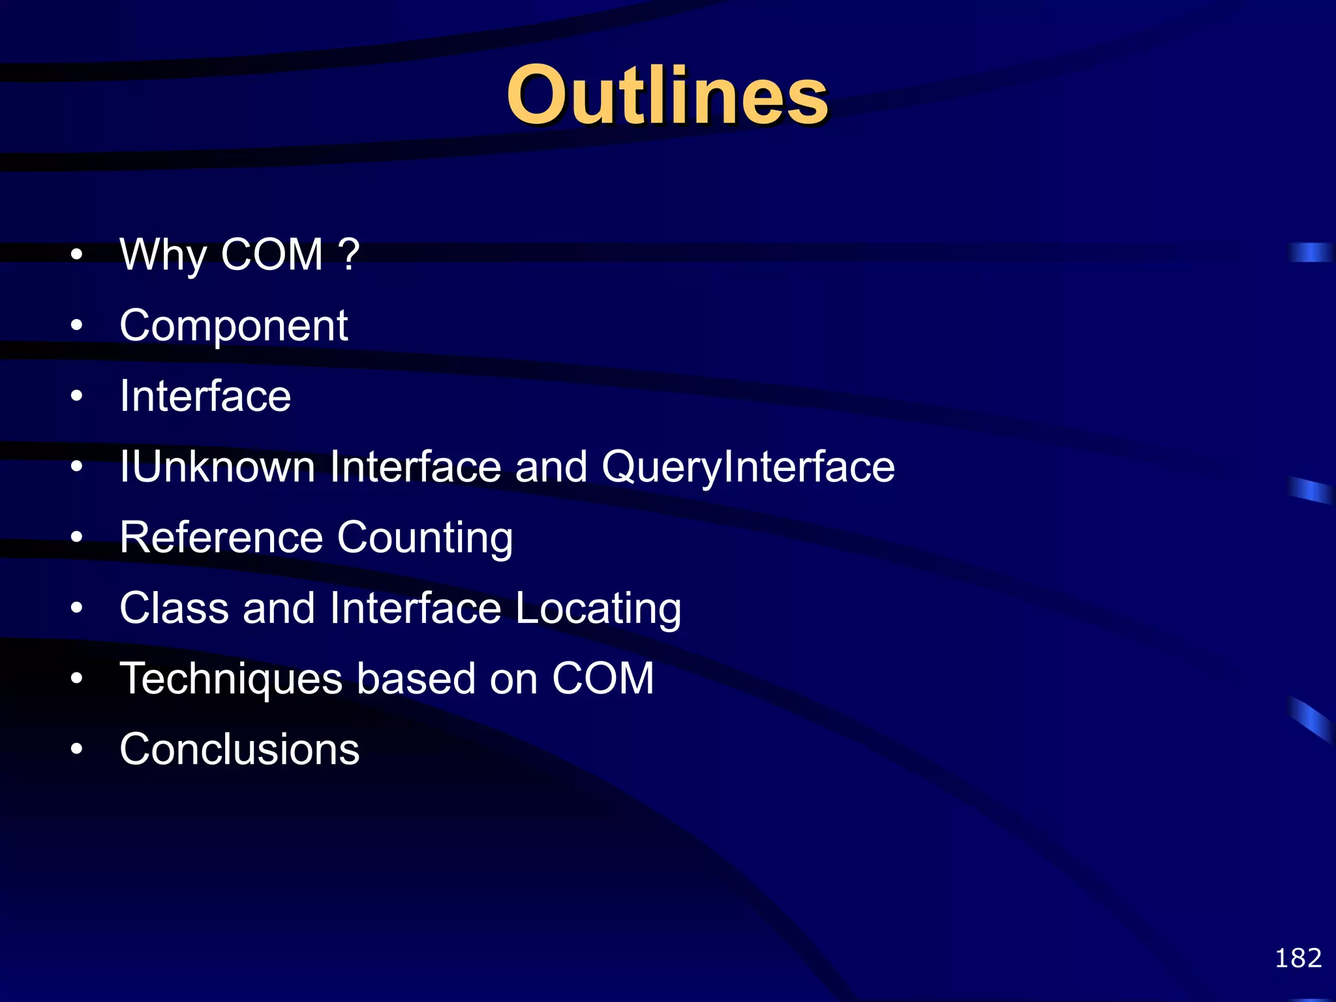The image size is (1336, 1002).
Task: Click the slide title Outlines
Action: (x=667, y=96)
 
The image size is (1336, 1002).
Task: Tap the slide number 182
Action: (x=1298, y=958)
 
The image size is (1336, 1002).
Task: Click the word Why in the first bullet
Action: (x=163, y=256)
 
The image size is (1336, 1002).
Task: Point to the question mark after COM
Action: (x=349, y=254)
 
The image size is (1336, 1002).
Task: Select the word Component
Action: (x=234, y=326)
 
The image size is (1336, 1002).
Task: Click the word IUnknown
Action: (x=217, y=467)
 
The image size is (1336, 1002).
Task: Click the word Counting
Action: (x=425, y=539)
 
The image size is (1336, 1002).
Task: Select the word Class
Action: (x=174, y=608)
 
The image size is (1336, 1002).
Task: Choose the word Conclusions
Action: (x=239, y=749)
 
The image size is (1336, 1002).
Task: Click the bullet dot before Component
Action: (x=77, y=325)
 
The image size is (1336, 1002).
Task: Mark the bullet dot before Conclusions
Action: (x=77, y=749)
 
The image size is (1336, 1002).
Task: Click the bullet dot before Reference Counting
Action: (x=77, y=537)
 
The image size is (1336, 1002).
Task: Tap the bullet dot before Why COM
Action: (x=77, y=254)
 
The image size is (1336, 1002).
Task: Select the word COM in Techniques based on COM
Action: (x=603, y=678)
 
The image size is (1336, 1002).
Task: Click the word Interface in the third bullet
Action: (x=205, y=397)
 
